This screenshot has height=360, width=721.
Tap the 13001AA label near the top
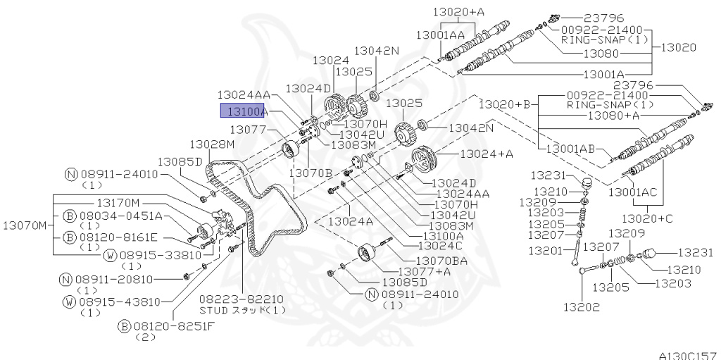pos(440,34)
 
